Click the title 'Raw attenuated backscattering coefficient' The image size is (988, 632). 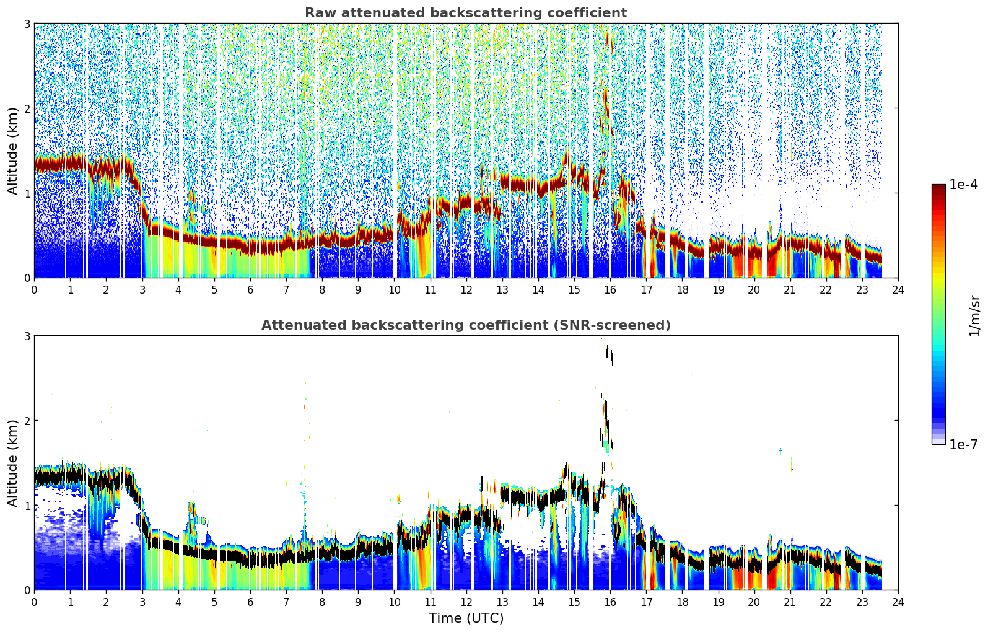point(466,13)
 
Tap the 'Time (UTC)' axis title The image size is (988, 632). point(466,618)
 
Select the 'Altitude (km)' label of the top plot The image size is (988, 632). point(12,151)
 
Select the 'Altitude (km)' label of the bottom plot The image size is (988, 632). point(12,463)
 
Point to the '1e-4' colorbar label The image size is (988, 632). point(963,185)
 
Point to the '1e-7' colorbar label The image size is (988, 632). point(963,444)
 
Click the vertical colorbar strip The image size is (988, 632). point(938,314)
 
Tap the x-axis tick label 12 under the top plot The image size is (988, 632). point(466,290)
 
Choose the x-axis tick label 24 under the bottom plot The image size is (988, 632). point(898,602)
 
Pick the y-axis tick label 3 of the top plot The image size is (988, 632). point(27,24)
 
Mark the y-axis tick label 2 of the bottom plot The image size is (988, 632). point(27,421)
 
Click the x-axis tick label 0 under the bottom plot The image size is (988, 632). point(35,602)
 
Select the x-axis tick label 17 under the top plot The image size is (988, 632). point(646,290)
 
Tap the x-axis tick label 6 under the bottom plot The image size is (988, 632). point(250,602)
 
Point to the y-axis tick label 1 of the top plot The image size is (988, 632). point(27,193)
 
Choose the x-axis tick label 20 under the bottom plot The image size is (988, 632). point(754,602)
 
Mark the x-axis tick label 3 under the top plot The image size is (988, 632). point(142,290)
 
